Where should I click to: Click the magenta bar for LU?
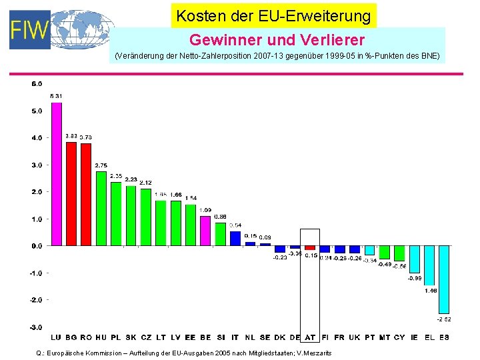(56, 173)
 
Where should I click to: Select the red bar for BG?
(71, 193)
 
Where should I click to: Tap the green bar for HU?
(101, 208)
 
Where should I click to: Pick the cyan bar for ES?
(444, 279)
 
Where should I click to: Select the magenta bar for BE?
(205, 231)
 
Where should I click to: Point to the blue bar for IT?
(235, 238)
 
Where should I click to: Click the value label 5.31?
(56, 97)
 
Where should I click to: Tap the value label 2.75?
(101, 165)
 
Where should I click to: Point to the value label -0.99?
(414, 278)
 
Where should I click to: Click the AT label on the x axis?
(310, 337)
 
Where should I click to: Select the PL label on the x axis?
(116, 337)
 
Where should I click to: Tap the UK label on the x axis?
(355, 337)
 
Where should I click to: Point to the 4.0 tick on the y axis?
(36, 138)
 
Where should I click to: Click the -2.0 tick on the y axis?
(36, 300)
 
